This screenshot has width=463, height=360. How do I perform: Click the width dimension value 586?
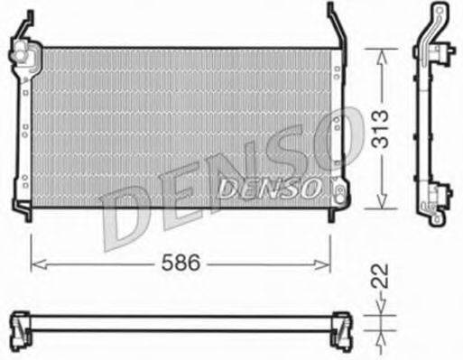point(181,263)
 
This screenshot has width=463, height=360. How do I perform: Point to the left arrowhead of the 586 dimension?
point(36,263)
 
